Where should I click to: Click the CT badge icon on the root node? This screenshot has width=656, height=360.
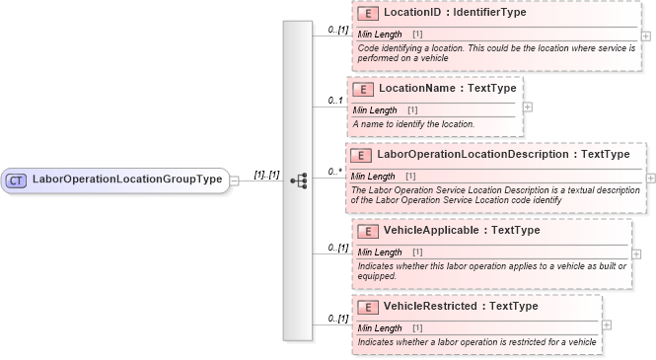click(17, 180)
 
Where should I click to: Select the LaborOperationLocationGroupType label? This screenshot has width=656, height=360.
click(127, 180)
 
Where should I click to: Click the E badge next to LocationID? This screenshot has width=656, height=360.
click(368, 14)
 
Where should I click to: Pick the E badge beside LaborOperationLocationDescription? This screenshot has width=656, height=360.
click(362, 155)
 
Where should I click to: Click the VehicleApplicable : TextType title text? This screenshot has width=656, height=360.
click(461, 231)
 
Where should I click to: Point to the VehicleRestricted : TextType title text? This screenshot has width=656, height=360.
click(460, 307)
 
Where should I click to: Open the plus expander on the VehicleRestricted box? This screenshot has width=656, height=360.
click(606, 324)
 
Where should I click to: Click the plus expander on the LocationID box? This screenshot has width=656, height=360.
click(645, 36)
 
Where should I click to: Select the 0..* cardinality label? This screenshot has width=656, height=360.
click(334, 172)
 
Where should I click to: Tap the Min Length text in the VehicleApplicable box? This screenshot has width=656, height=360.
click(377, 252)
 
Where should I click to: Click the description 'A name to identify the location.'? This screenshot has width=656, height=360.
click(414, 123)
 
